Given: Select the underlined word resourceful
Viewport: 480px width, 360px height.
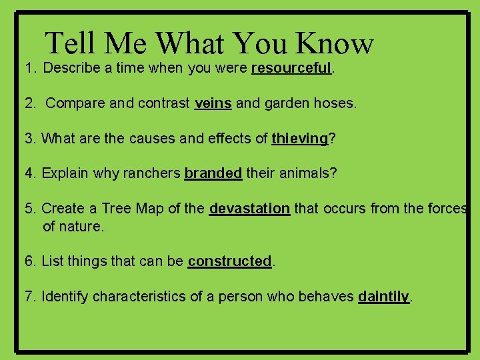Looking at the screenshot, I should pyautogui.click(x=291, y=68).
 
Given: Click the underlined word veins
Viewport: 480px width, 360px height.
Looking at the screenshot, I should pyautogui.click(x=213, y=103).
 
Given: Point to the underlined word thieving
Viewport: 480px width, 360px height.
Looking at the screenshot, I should pyautogui.click(x=300, y=139).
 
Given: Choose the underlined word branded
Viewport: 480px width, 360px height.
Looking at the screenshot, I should pyautogui.click(x=213, y=173).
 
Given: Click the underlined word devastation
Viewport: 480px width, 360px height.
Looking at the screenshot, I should pyautogui.click(x=249, y=209).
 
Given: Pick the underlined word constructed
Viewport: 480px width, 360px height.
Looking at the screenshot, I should pyautogui.click(x=229, y=261).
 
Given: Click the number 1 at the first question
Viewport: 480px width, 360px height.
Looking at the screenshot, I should pyautogui.click(x=29, y=68).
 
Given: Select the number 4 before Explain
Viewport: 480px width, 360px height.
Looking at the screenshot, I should pyautogui.click(x=29, y=173).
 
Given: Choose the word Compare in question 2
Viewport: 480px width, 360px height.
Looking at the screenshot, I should pyautogui.click(x=72, y=103).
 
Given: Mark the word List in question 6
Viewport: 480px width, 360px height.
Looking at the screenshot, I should pyautogui.click(x=52, y=261).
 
